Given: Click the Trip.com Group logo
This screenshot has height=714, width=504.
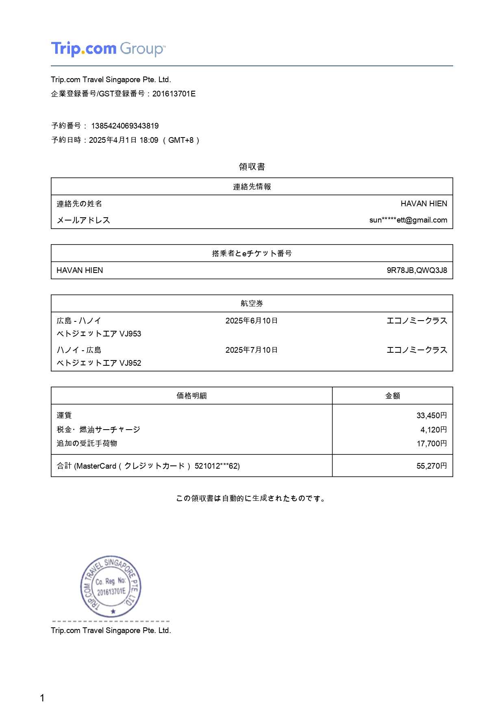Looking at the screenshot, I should tap(108, 49).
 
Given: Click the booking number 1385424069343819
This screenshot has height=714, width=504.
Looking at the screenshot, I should tap(125, 126).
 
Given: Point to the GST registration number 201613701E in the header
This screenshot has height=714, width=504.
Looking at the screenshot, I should tap(174, 94).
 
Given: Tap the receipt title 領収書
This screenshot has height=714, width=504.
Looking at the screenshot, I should tap(252, 166).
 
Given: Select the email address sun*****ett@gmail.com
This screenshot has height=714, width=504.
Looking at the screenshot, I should tap(408, 220).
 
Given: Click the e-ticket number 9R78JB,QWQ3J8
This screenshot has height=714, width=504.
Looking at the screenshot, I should tap(417, 270).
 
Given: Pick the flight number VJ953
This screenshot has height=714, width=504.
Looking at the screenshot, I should tap(130, 334).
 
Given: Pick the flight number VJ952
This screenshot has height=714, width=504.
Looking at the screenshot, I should tap(130, 363).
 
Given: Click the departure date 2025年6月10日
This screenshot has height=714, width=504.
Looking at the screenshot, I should tap(252, 321).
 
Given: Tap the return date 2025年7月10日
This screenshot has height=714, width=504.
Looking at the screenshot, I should tap(252, 350).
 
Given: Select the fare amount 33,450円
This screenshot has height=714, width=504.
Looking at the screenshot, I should tap(432, 415).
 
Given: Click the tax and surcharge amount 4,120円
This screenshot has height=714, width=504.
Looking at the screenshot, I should tap(433, 430).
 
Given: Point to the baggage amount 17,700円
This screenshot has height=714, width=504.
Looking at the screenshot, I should tap(432, 443).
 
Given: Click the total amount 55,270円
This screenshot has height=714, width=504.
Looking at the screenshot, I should tap(432, 466).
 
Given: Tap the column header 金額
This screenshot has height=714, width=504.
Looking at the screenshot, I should tap(393, 395).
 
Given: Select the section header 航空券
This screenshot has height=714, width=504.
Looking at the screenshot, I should tap(252, 304).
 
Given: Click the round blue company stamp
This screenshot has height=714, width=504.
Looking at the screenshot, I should tap(111, 587).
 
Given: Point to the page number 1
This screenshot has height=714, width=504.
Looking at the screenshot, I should tap(42, 698).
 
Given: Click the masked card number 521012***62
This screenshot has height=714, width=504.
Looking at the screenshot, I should tap(217, 466).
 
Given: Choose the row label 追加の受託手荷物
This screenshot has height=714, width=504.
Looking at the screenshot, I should tap(87, 443).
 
